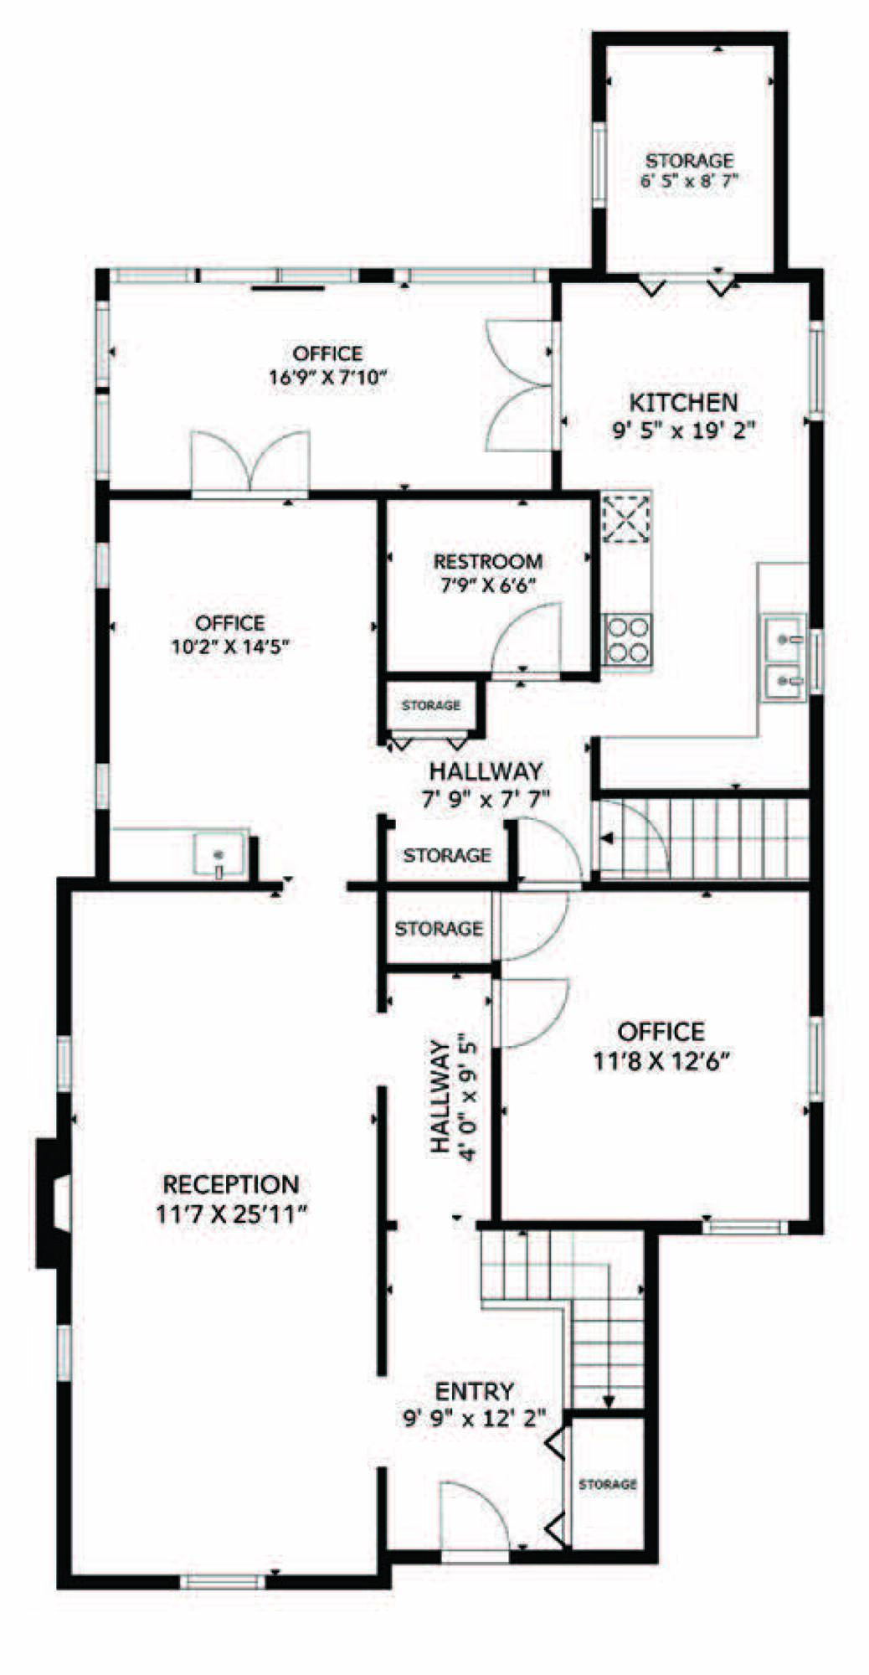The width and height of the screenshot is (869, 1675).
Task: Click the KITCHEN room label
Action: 683,402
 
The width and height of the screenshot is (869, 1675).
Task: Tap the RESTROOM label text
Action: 487,561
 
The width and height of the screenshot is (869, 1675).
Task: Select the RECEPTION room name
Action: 230,1184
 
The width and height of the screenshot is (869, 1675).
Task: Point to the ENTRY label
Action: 475,1391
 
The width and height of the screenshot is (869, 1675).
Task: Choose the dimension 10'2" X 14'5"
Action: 229,646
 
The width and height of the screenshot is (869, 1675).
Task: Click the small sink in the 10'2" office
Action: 220,853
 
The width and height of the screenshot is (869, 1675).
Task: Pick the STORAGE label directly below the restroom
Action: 431,705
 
